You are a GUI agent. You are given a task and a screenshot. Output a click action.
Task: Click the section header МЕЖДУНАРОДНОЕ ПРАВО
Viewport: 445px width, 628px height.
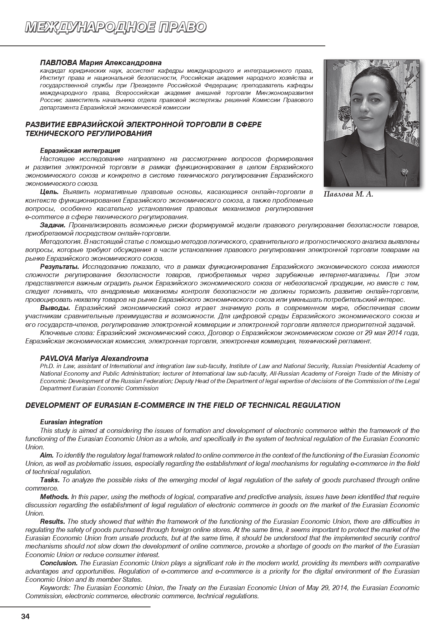coord(115,27)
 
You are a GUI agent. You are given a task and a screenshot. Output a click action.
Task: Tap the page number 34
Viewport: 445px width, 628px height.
coord(25,617)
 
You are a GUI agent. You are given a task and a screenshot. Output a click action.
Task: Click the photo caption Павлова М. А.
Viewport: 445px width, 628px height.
coord(348,194)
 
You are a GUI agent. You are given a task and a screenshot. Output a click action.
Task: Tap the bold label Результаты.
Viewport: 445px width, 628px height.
coord(60,267)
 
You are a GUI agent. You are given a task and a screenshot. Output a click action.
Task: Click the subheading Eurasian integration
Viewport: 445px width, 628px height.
coord(71,422)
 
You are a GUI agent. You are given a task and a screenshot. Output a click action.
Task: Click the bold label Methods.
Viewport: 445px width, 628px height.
coord(55,497)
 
